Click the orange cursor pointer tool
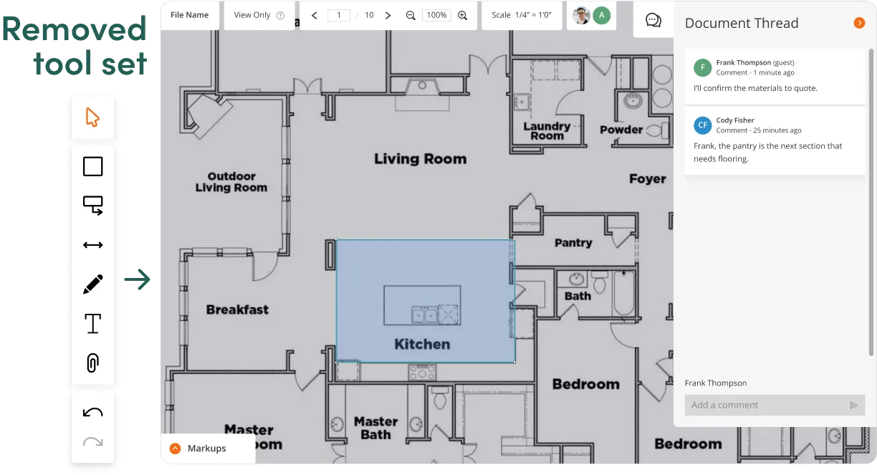tap(92, 117)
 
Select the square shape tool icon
tap(93, 166)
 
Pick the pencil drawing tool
tap(93, 284)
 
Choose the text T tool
tap(93, 323)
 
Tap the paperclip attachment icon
tap(93, 363)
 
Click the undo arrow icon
tap(93, 412)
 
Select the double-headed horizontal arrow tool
tap(93, 245)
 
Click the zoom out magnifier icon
tap(411, 15)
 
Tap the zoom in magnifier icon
tap(462, 15)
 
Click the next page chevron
tap(388, 15)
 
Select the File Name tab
tap(189, 15)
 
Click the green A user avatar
tap(601, 15)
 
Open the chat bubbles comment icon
tap(653, 20)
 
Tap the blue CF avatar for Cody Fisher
tap(702, 125)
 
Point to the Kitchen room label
tap(422, 344)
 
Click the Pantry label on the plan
tap(573, 243)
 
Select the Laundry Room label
tap(547, 131)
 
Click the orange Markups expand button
tap(175, 448)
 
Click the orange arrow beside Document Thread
tap(859, 23)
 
